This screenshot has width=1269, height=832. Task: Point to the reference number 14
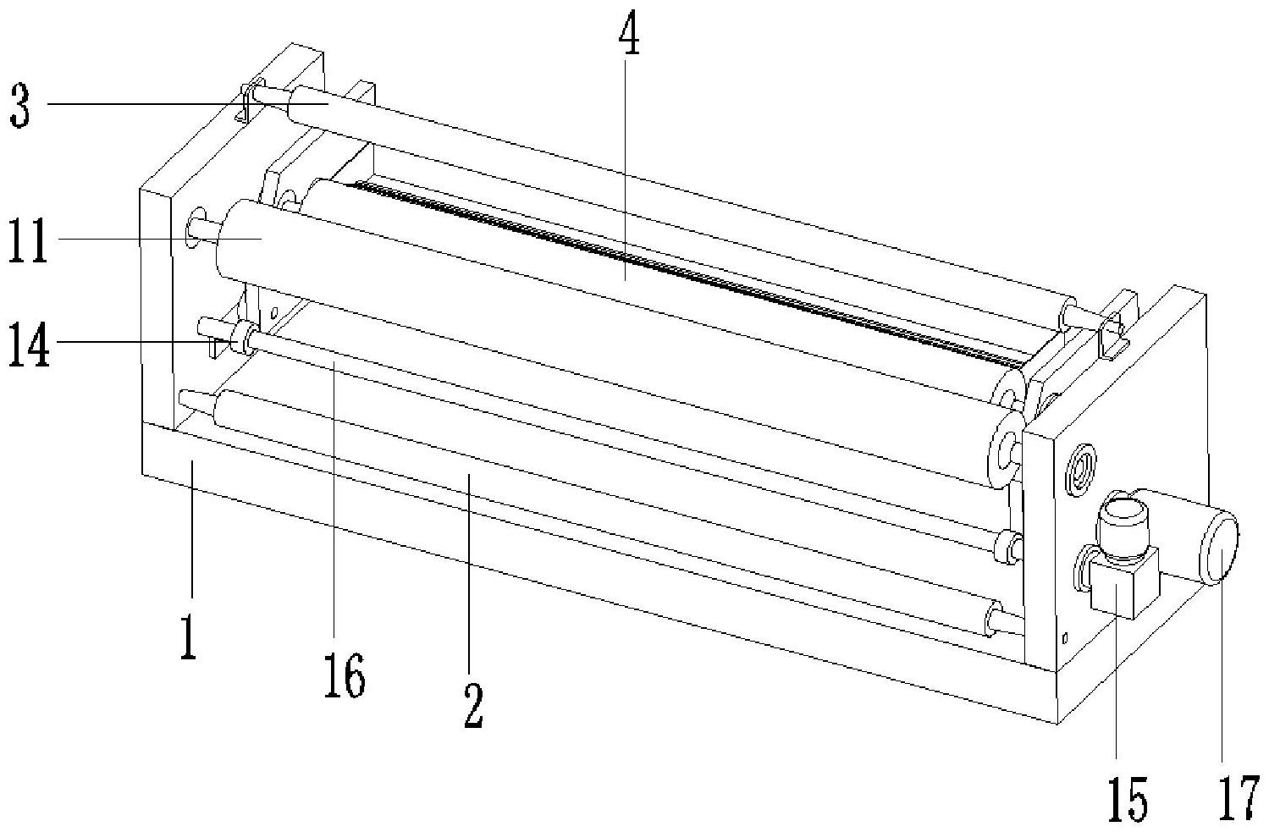click(28, 341)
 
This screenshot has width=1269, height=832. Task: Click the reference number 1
click(189, 636)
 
